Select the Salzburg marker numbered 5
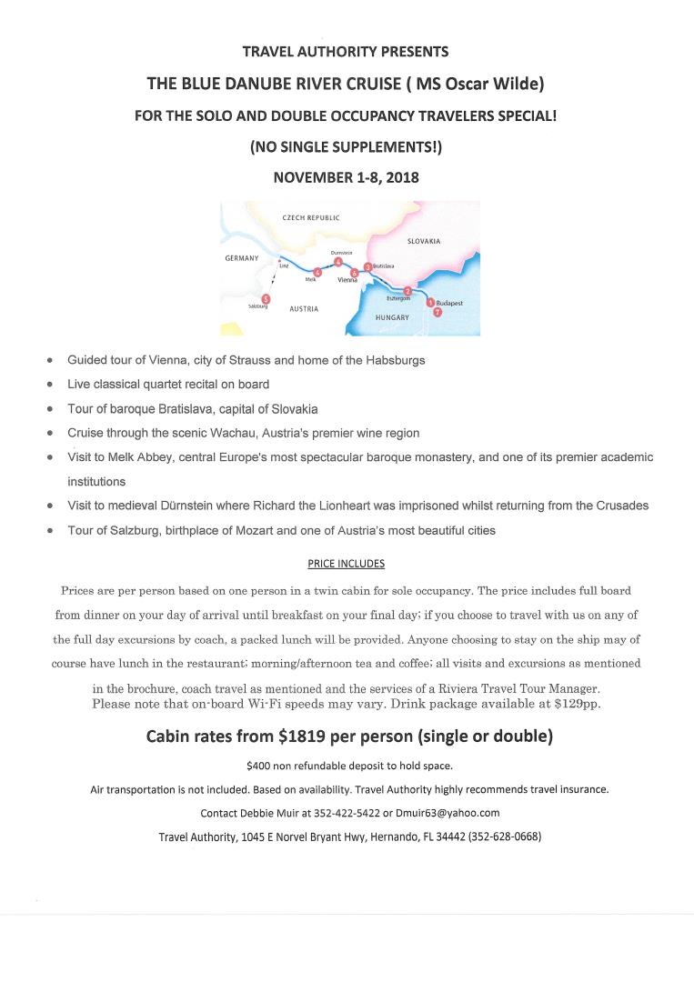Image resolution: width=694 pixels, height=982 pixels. (x=265, y=298)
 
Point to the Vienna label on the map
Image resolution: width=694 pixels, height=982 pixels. (x=347, y=281)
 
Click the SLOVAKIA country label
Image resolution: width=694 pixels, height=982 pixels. (x=424, y=241)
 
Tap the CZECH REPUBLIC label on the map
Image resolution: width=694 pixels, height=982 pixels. (x=311, y=218)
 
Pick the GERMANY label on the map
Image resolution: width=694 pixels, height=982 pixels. (x=242, y=258)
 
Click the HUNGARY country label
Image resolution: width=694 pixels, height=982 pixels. (x=392, y=317)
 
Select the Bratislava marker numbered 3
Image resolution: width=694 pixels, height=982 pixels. (x=367, y=266)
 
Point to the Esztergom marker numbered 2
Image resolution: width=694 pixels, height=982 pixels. (x=408, y=291)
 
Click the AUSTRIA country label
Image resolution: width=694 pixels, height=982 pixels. (x=303, y=309)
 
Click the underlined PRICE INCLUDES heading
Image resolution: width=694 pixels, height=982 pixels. (x=347, y=564)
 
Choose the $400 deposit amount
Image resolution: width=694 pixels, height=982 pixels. (x=259, y=766)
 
